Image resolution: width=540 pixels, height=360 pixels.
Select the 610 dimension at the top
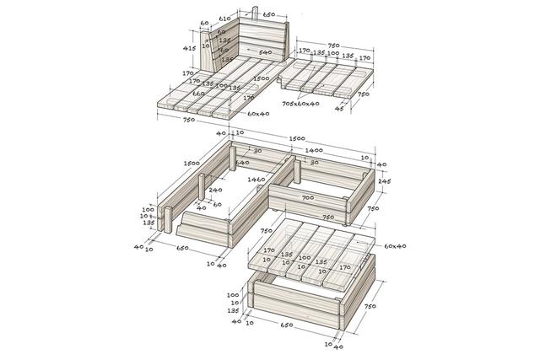tap(224, 18)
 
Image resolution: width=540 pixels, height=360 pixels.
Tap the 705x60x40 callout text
tap(300, 104)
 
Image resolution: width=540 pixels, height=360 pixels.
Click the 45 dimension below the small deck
tap(339, 109)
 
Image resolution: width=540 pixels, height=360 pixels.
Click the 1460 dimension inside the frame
tap(256, 180)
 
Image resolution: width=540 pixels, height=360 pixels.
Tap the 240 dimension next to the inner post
tap(214, 191)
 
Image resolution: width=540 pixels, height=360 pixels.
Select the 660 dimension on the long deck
tap(197, 93)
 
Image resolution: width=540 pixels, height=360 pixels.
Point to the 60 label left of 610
tap(203, 23)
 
